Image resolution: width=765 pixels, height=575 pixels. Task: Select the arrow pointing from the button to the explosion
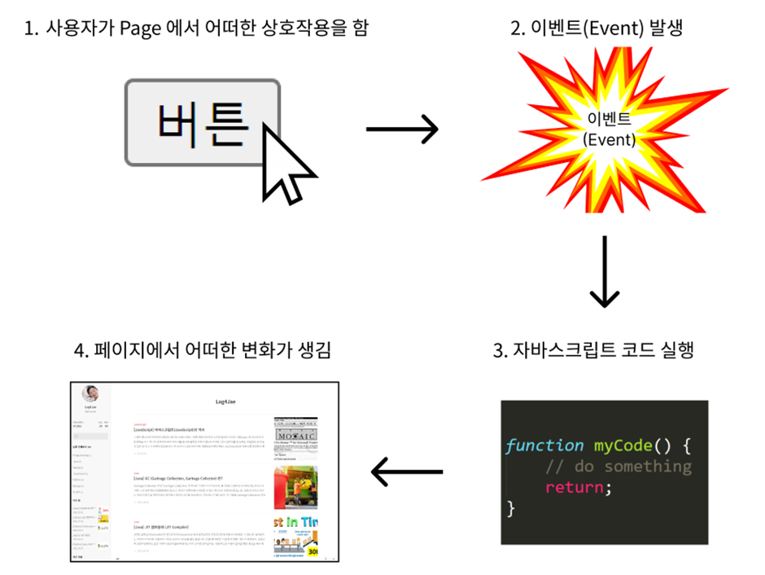click(x=402, y=129)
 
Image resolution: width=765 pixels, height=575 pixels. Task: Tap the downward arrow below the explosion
click(x=603, y=272)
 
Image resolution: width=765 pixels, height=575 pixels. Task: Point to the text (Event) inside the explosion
click(x=610, y=139)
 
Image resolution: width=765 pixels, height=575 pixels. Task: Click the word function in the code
click(x=544, y=446)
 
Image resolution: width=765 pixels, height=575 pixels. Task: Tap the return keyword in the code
click(x=575, y=487)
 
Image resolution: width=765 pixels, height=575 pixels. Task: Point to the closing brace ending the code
click(x=511, y=508)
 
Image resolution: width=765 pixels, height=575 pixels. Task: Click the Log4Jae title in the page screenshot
click(x=226, y=402)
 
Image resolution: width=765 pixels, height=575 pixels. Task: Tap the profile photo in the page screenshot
click(x=91, y=393)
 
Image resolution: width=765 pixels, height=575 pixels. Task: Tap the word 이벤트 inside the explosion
click(x=609, y=119)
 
